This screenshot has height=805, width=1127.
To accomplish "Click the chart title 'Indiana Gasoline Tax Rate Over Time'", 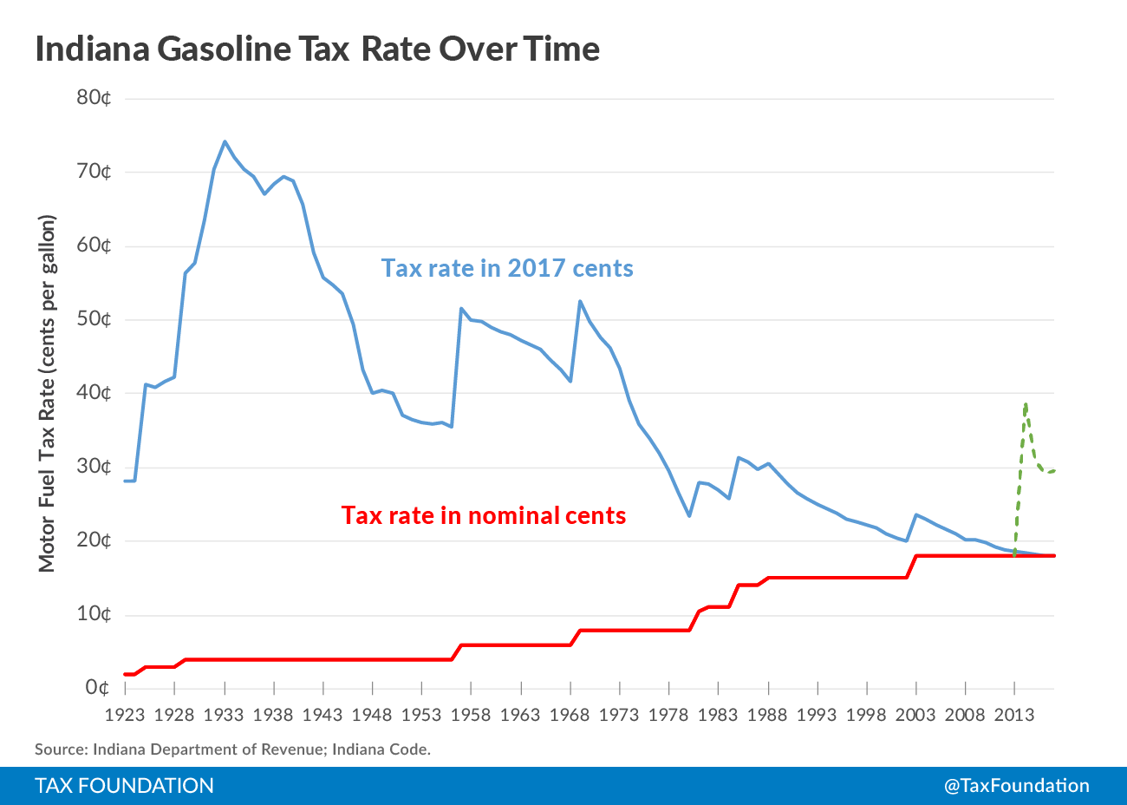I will tap(317, 49).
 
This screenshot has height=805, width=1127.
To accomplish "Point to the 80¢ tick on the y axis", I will tap(94, 97).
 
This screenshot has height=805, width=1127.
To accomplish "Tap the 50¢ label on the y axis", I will tap(94, 318).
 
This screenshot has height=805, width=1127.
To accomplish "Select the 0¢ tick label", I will tap(97, 688).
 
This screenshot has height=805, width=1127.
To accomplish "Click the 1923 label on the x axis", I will tap(125, 715).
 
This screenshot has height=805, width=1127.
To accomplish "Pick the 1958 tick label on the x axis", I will tap(471, 715).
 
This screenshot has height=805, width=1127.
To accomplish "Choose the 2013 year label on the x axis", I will tap(1014, 715).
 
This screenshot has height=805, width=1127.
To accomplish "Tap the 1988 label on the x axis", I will tap(767, 715).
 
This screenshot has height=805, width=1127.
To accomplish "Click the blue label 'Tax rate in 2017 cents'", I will tap(507, 268).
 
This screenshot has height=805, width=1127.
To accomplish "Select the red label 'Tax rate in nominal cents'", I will tap(484, 515).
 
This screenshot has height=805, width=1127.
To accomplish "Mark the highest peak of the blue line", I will tap(225, 141).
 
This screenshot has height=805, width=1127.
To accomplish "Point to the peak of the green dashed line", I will tap(1026, 404).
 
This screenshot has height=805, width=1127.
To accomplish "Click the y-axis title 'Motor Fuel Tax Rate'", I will tap(47, 393).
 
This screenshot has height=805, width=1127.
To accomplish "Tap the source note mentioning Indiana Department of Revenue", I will tap(232, 749).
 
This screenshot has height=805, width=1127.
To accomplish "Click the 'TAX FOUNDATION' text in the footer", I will tap(124, 786).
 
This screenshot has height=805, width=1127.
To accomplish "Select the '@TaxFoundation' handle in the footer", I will tap(1016, 786).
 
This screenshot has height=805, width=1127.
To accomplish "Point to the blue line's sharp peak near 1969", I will tap(580, 301).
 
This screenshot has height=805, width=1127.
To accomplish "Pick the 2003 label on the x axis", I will tap(915, 715).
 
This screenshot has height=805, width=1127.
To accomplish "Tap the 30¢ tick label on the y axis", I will tap(94, 467).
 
